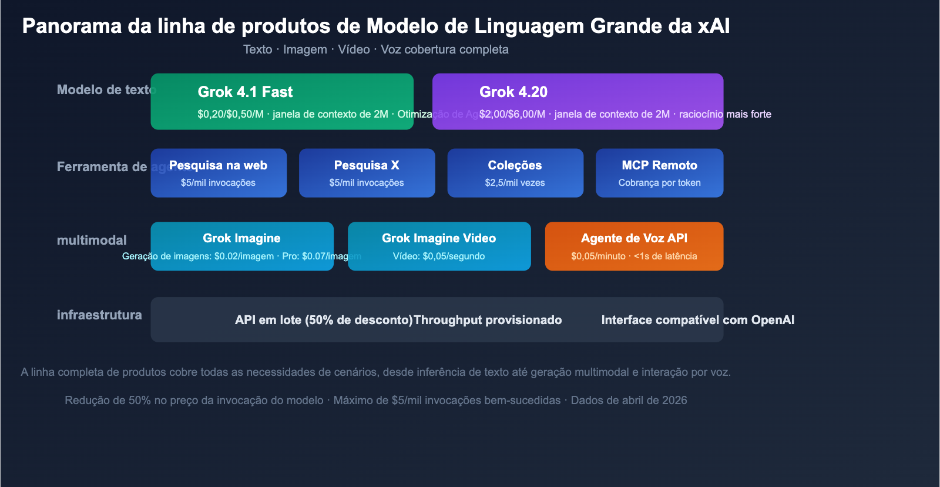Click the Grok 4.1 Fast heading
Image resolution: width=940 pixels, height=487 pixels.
point(245,92)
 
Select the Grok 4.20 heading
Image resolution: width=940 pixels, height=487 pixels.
point(513,92)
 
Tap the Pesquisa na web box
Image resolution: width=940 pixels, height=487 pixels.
point(219,173)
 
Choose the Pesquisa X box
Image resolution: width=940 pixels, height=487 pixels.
point(367,173)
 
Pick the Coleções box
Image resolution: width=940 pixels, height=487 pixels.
point(515,173)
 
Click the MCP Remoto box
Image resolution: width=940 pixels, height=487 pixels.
point(659,173)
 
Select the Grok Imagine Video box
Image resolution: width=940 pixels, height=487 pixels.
point(439,246)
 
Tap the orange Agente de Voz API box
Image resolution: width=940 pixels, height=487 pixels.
point(634,246)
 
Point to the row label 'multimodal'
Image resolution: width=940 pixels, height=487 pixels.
point(92,240)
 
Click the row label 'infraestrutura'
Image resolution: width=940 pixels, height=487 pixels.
point(99,315)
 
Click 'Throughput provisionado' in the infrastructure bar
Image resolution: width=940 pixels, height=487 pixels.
point(488,320)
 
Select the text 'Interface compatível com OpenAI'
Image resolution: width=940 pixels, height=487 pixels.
point(697,320)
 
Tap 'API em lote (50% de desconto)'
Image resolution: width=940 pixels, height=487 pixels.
point(324,320)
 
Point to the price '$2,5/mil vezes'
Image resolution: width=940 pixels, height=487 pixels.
point(515,183)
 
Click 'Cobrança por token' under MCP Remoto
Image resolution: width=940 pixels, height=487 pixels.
point(659,183)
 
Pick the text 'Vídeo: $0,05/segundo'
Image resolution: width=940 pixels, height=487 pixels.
point(439,256)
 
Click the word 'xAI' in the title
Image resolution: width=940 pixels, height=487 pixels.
point(713,26)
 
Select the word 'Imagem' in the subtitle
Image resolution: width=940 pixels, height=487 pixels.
point(305,49)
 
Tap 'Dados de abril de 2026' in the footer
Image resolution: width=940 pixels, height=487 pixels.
point(629,401)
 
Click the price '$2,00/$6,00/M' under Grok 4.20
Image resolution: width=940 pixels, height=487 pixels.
point(512,114)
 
